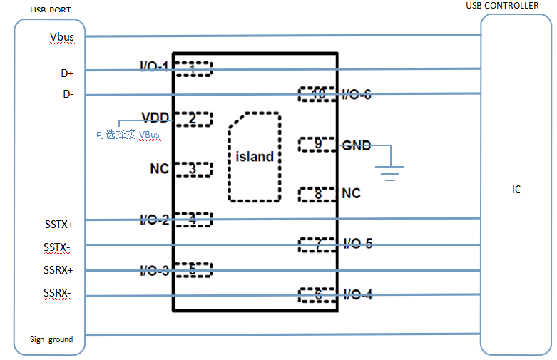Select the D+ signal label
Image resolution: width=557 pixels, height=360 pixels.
pyautogui.click(x=67, y=73)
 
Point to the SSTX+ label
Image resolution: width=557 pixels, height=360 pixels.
pyautogui.click(x=59, y=225)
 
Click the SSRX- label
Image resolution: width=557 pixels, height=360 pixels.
pyautogui.click(x=58, y=293)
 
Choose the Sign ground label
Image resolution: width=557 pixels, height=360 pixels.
pyautogui.click(x=51, y=339)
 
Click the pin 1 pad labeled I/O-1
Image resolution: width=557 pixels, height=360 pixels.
pyautogui.click(x=193, y=68)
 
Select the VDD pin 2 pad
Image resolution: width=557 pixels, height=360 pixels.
pyautogui.click(x=193, y=119)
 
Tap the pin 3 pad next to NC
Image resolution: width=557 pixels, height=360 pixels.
pyautogui.click(x=193, y=169)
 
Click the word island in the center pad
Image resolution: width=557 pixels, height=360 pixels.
pyautogui.click(x=255, y=157)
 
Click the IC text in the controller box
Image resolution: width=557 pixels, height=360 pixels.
pyautogui.click(x=516, y=190)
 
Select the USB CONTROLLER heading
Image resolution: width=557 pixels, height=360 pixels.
pyautogui.click(x=502, y=6)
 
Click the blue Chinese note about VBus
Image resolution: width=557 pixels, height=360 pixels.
pyautogui.click(x=128, y=134)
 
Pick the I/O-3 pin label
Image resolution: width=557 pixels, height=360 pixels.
pyautogui.click(x=154, y=271)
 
